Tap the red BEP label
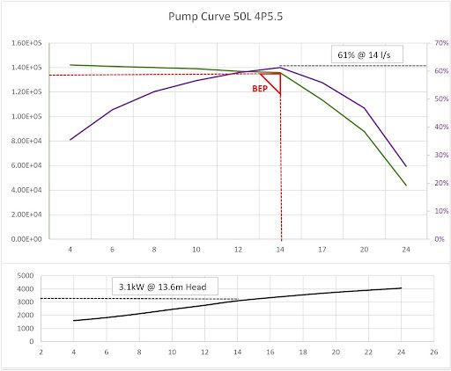261,88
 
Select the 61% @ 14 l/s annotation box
368,55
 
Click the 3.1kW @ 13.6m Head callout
166,286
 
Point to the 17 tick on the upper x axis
322,249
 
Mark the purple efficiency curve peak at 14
280,67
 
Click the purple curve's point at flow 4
71,140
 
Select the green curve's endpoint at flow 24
406,185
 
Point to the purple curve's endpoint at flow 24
406,166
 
